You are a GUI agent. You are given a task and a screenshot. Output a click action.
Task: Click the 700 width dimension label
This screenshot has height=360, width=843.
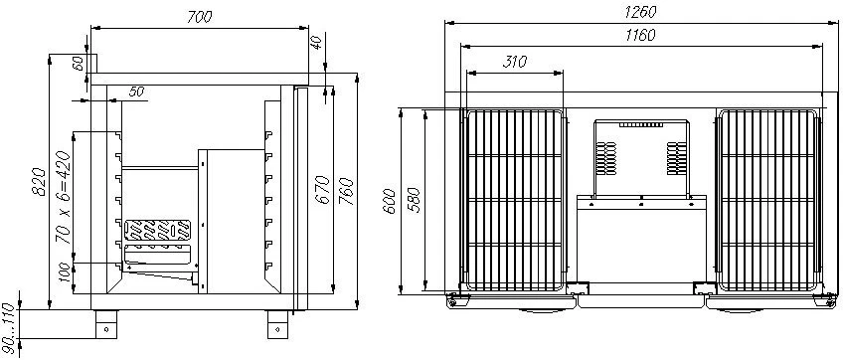[200, 17]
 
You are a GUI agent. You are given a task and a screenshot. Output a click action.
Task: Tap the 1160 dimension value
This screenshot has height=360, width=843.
[640, 35]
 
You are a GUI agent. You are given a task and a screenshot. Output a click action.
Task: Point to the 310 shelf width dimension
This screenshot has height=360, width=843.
[515, 62]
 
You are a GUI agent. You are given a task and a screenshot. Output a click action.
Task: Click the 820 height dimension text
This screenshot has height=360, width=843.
[37, 182]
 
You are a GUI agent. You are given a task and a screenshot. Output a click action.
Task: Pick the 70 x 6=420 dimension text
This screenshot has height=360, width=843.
[63, 198]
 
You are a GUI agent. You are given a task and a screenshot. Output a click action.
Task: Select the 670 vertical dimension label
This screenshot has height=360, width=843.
[322, 189]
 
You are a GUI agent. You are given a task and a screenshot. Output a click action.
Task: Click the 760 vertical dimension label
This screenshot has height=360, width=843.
[347, 191]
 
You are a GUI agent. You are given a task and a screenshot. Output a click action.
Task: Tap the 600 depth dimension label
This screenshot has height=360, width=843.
[391, 202]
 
